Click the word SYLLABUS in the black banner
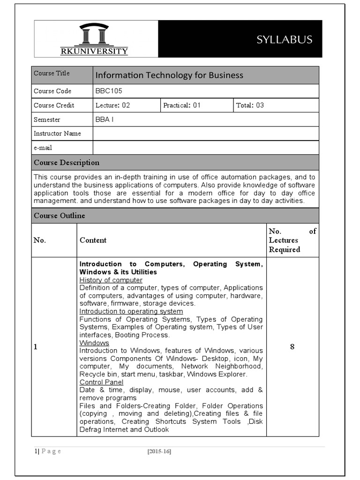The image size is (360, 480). tap(284, 39)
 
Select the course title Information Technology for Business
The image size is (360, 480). tap(169, 75)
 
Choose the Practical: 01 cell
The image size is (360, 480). tap(182, 105)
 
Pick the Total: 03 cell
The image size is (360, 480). tap(250, 105)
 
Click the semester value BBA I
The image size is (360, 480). tap(105, 120)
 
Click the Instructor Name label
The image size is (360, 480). tap(57, 134)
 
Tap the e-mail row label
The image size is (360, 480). tap(43, 148)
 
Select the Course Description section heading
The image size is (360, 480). tap(67, 163)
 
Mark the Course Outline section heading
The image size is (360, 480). tap(60, 216)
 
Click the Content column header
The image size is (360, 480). tap(93, 240)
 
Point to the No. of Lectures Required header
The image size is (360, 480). tap(292, 240)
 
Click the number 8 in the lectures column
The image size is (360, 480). tap(292, 347)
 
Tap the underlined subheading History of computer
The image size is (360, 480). tap(111, 280)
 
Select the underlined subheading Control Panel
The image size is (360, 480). tap(101, 382)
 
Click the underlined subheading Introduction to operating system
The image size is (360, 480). tap(131, 311)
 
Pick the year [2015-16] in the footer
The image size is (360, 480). tap(159, 451)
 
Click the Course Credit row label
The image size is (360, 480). tap(54, 105)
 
